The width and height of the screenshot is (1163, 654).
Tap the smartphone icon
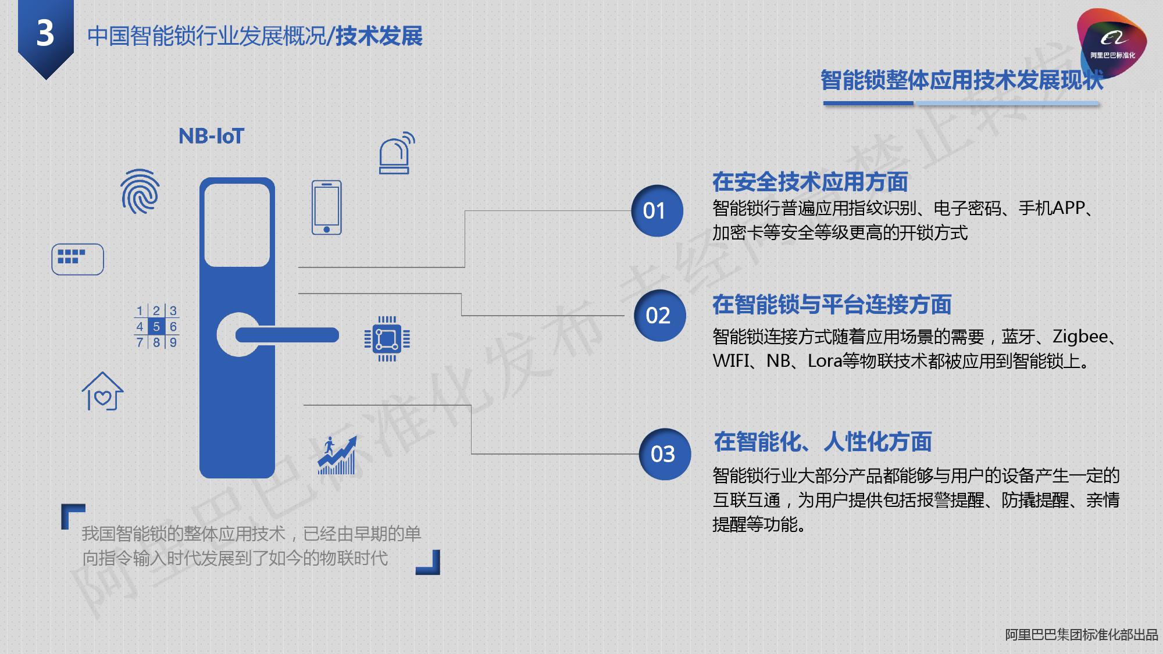tap(327, 208)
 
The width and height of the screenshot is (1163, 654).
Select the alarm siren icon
tap(395, 153)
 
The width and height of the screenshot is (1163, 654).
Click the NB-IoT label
tap(211, 137)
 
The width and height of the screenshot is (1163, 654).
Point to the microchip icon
tap(387, 338)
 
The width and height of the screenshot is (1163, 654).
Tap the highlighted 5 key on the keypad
tap(156, 327)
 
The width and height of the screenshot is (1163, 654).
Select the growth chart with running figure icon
tap(337, 456)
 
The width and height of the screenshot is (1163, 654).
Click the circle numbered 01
tap(657, 211)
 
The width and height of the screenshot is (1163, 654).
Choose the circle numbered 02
tap(659, 316)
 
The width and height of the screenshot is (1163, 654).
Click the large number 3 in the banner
tap(45, 34)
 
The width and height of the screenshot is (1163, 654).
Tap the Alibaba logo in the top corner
tap(1111, 42)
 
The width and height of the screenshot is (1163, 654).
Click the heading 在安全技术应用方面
tap(810, 182)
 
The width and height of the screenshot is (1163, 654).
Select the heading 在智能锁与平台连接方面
tap(832, 305)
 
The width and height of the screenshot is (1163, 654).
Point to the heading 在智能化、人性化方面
tap(822, 442)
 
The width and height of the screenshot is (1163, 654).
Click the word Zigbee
tap(1080, 337)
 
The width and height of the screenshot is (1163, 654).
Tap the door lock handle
tap(287, 335)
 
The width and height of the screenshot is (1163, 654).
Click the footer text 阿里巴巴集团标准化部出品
tap(1081, 635)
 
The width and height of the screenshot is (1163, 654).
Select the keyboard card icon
tap(77, 259)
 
